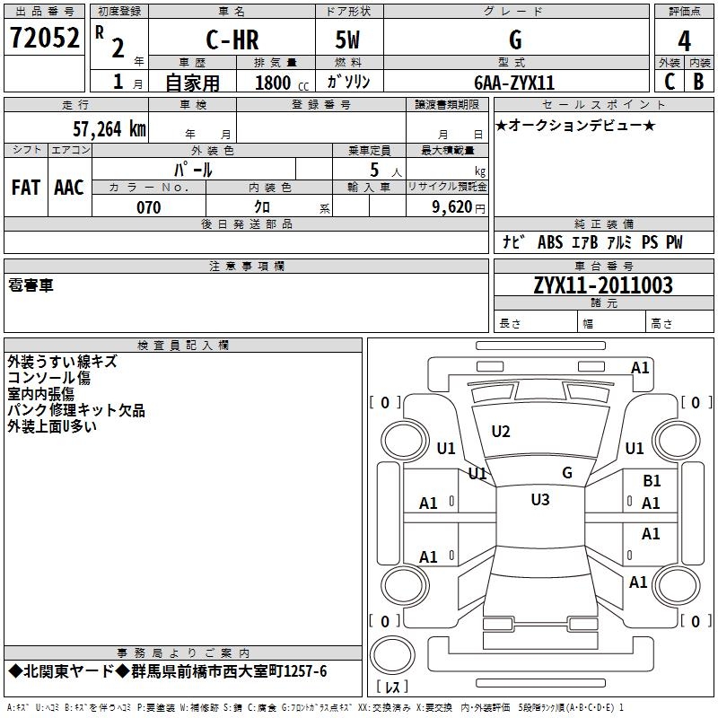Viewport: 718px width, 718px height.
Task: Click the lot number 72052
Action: (44, 38)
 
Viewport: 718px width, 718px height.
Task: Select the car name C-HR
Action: (232, 39)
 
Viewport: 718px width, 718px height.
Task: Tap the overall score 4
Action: (684, 40)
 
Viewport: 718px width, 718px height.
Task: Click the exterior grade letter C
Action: (669, 82)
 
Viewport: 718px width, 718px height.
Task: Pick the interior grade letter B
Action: (698, 82)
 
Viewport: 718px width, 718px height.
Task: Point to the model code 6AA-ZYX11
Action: (514, 83)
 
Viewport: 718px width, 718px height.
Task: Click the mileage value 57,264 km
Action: (109, 129)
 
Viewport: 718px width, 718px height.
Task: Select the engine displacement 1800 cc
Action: (282, 83)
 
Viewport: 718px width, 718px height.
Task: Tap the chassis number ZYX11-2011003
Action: (603, 285)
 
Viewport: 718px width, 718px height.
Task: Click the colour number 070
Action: (149, 207)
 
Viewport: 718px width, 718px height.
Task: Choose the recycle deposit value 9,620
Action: (452, 207)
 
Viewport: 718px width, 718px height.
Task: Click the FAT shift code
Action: (26, 188)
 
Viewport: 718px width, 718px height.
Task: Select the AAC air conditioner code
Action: (69, 188)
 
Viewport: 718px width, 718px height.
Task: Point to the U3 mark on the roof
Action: (540, 499)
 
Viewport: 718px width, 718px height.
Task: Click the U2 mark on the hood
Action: (501, 431)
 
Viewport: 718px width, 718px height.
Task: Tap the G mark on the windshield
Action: (567, 472)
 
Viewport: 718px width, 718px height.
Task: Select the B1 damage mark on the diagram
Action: (652, 480)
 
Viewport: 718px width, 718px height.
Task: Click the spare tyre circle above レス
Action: (392, 655)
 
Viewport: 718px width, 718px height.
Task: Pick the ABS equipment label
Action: (550, 241)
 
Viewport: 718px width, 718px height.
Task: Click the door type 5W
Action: (347, 39)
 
